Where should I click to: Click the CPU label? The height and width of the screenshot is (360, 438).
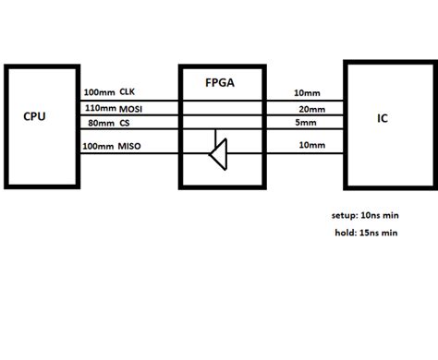(34, 117)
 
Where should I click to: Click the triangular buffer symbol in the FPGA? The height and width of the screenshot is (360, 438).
(217, 151)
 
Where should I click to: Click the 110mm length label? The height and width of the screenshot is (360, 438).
(98, 108)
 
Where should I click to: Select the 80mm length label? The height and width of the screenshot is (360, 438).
(96, 122)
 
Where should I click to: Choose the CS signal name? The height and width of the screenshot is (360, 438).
(120, 122)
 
